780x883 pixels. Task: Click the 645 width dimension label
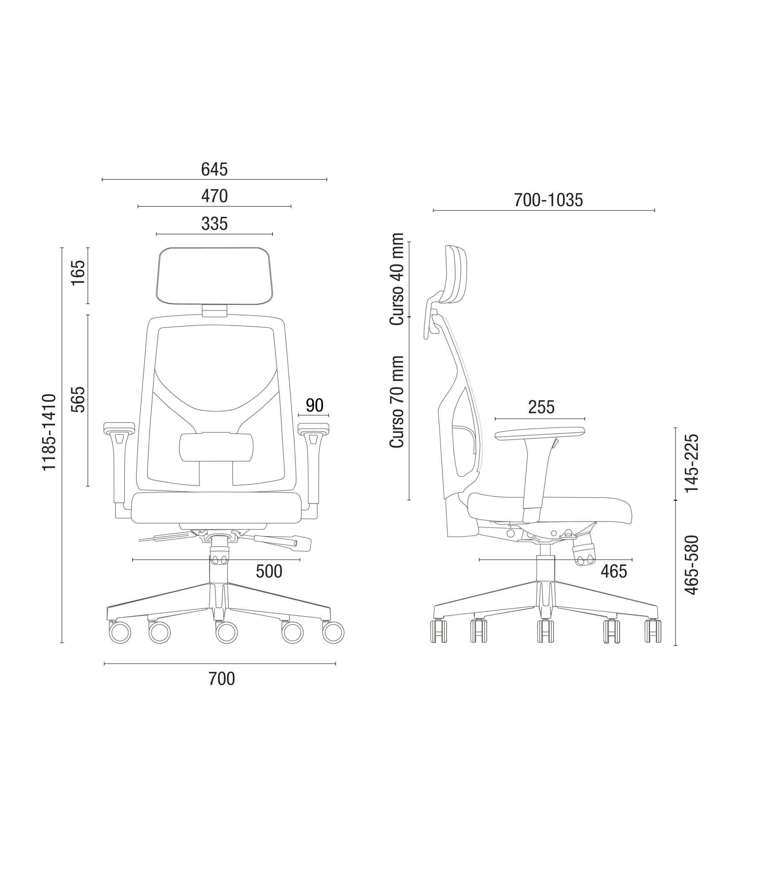pyautogui.click(x=214, y=170)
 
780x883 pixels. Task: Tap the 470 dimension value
pyautogui.click(x=214, y=197)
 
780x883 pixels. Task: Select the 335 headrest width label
pyautogui.click(x=214, y=224)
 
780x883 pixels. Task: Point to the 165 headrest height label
pyautogui.click(x=79, y=272)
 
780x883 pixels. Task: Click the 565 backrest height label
pyautogui.click(x=79, y=400)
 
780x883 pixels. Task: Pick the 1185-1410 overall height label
pyautogui.click(x=49, y=432)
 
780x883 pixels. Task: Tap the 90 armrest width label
pyautogui.click(x=314, y=406)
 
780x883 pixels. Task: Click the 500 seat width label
pyautogui.click(x=269, y=572)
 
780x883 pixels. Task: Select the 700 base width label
pyautogui.click(x=222, y=679)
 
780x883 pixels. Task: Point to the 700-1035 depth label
pyautogui.click(x=548, y=200)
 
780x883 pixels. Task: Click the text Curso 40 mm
pyautogui.click(x=397, y=279)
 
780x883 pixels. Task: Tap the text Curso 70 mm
pyautogui.click(x=397, y=402)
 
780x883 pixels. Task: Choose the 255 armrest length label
pyautogui.click(x=541, y=407)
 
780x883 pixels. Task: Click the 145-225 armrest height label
pyautogui.click(x=692, y=463)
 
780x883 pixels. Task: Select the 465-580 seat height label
pyautogui.click(x=692, y=565)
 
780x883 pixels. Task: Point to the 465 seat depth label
pyautogui.click(x=614, y=572)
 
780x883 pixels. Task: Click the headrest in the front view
pyautogui.click(x=214, y=276)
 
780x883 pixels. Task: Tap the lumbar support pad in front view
pyautogui.click(x=216, y=447)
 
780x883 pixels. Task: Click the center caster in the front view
pyautogui.click(x=226, y=633)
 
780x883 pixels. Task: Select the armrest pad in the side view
pyautogui.click(x=540, y=433)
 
